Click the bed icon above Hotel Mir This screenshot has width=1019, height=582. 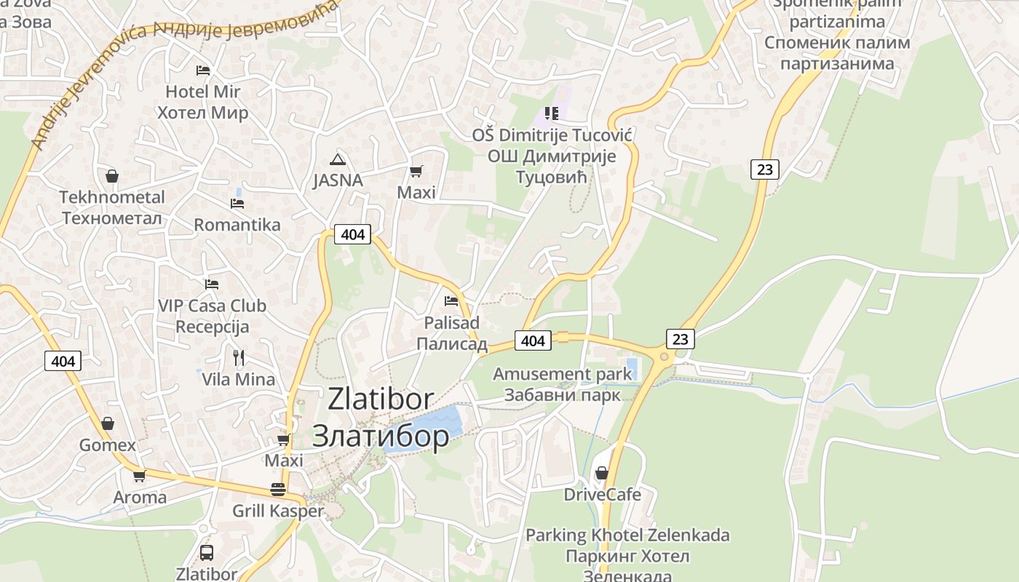[203, 71]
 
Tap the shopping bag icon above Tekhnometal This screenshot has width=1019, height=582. [112, 176]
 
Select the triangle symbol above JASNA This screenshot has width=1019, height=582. [337, 159]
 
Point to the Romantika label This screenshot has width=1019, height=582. [237, 224]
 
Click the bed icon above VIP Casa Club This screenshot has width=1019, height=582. [212, 284]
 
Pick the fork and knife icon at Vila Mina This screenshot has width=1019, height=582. [238, 357]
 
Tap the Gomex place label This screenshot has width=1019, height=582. [108, 445]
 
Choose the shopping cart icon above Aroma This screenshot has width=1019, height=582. [139, 476]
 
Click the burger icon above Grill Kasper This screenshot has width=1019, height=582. [277, 489]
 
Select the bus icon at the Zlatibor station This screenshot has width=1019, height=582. [207, 552]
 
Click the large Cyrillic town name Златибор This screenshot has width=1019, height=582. [381, 435]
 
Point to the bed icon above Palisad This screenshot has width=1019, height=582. [451, 300]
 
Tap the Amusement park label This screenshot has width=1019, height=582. [563, 374]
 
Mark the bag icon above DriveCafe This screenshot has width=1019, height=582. [602, 473]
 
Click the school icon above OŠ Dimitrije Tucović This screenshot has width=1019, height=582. [552, 113]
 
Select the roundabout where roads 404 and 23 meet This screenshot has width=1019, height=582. [663, 356]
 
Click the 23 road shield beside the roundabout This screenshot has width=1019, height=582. [680, 339]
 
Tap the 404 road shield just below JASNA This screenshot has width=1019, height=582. [352, 234]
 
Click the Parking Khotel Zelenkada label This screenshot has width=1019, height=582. [627, 535]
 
